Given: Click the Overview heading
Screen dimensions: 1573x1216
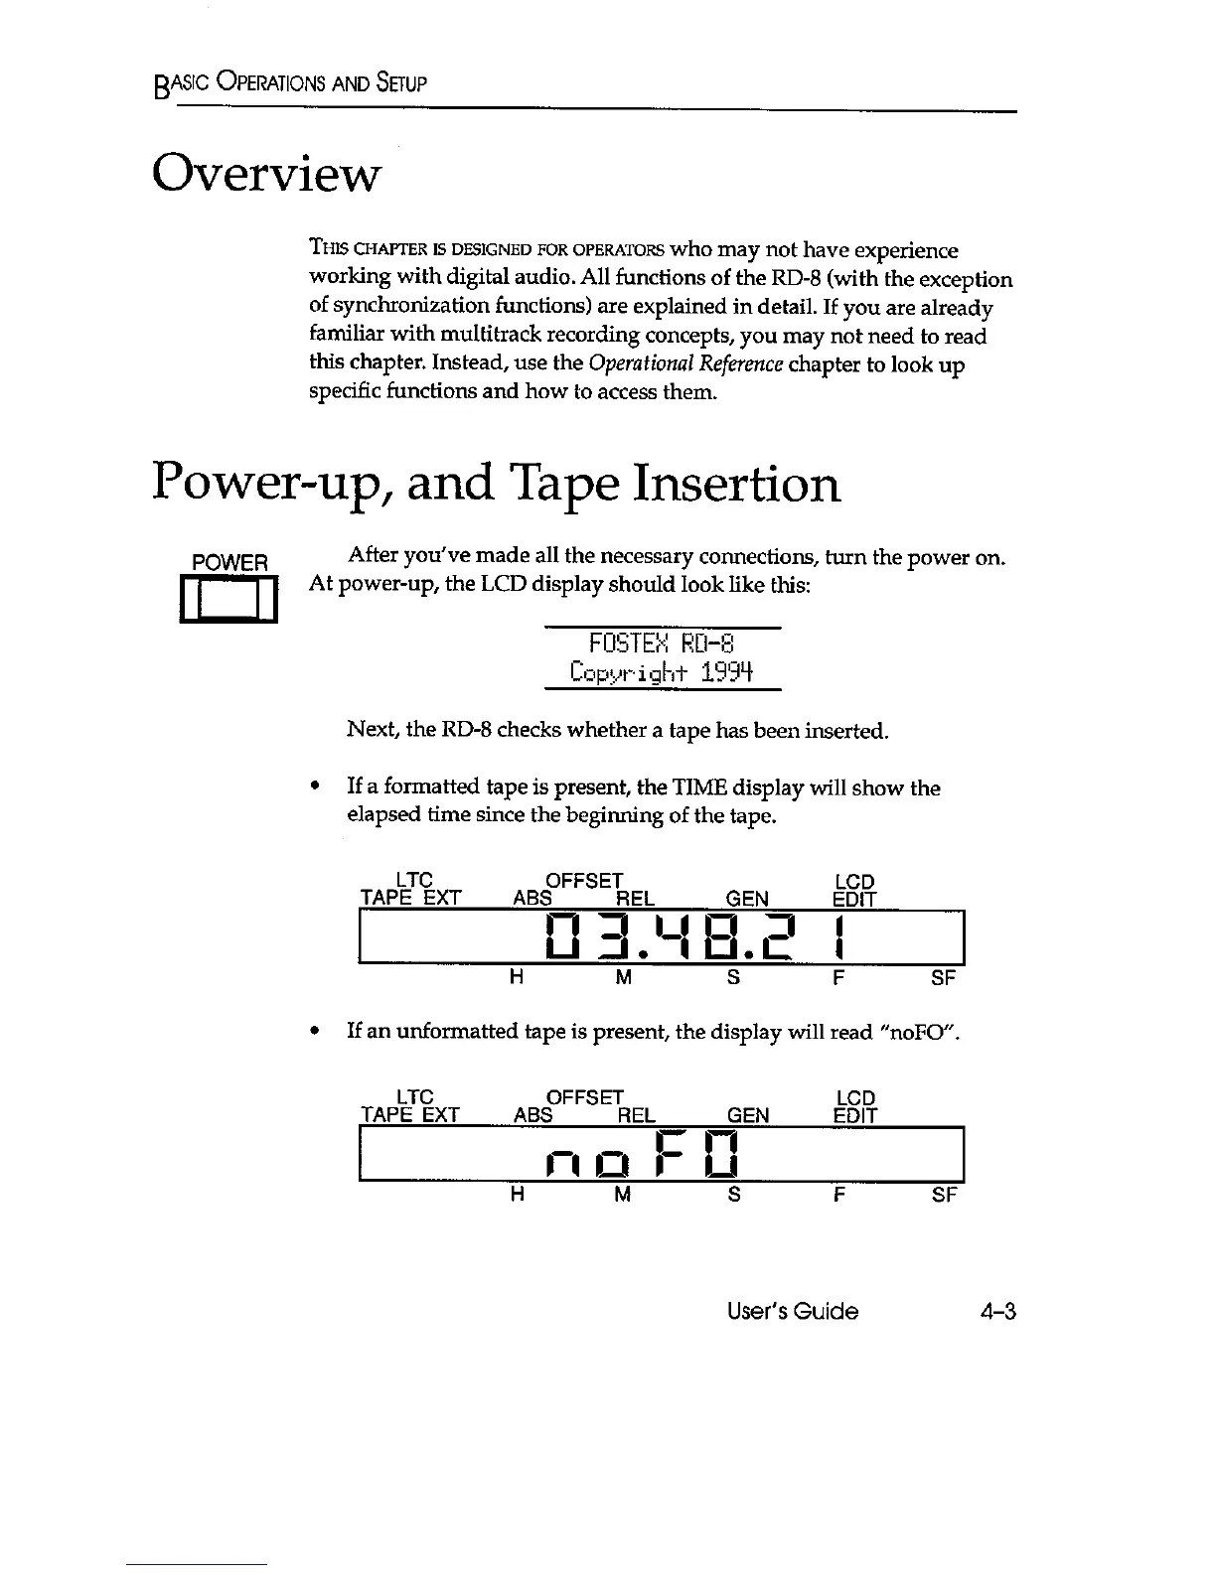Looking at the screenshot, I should (x=265, y=175).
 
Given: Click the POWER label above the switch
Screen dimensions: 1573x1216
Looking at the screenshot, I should (x=229, y=563).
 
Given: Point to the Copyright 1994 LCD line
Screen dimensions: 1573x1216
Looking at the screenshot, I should (x=663, y=673).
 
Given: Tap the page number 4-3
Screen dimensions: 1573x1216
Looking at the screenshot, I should (x=996, y=1311).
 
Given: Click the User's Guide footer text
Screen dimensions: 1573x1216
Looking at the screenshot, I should (x=792, y=1311).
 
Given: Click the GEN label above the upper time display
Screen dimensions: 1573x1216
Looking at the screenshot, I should (x=747, y=899).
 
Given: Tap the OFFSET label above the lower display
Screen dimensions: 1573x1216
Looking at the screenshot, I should (x=585, y=1097).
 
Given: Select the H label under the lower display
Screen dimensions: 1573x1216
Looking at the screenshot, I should (x=517, y=1195).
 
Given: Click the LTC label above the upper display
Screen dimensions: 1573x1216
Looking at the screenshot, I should (x=414, y=881).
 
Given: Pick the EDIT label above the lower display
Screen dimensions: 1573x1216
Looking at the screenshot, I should (x=854, y=1115).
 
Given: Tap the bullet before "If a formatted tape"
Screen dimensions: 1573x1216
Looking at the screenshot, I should (x=315, y=787).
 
